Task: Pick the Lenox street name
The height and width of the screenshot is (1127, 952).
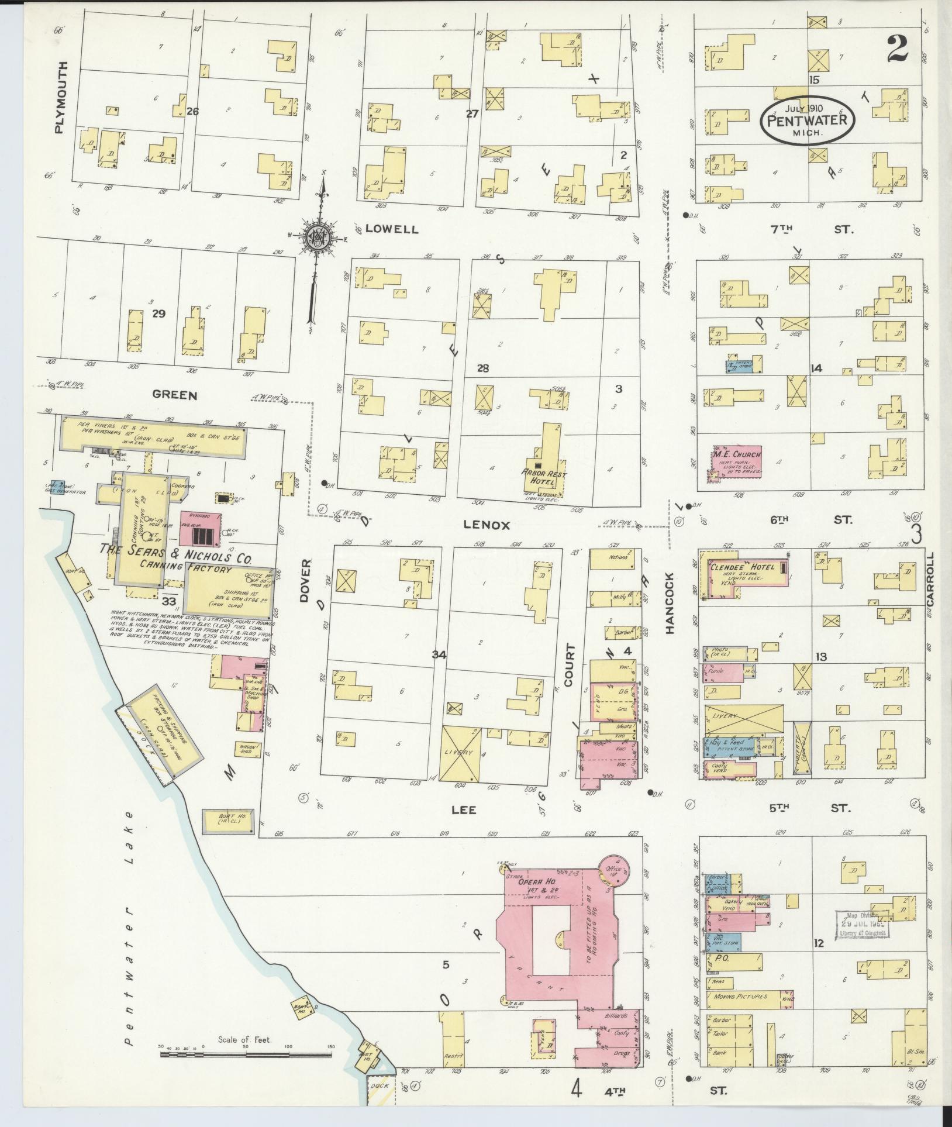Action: point(487,525)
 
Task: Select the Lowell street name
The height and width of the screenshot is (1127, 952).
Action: point(392,229)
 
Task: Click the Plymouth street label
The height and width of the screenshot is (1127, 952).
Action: point(60,98)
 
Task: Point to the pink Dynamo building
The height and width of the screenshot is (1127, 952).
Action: point(201,528)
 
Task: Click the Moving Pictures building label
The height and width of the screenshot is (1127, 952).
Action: point(741,995)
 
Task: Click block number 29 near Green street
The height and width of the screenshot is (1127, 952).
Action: point(158,314)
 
